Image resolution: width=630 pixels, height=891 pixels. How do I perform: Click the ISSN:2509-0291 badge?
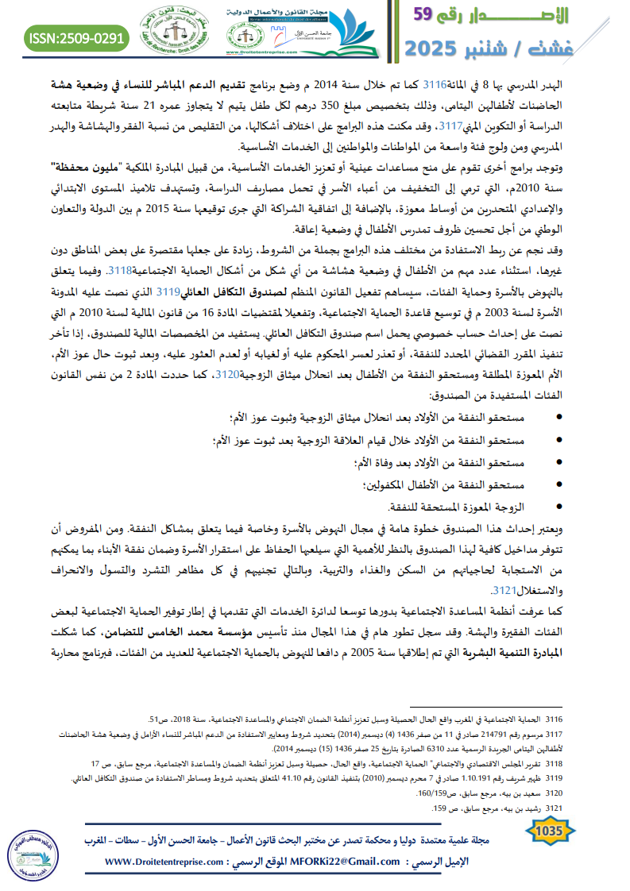point(77,37)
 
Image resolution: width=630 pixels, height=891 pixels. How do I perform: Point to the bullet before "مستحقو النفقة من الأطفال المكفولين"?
point(559,484)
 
